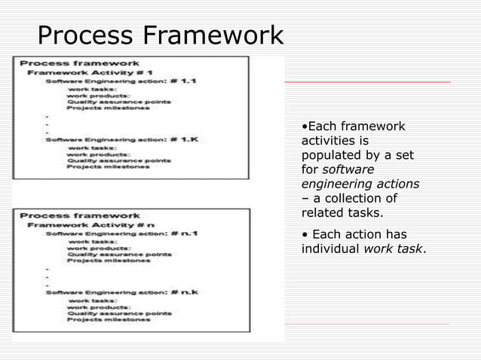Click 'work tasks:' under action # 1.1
tap(90, 90)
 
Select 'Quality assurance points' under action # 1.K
tap(118, 160)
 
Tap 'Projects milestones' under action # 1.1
tap(108, 108)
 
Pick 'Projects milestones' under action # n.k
tap(108, 319)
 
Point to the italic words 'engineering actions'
tap(360, 184)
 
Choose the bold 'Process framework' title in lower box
tap(80, 215)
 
